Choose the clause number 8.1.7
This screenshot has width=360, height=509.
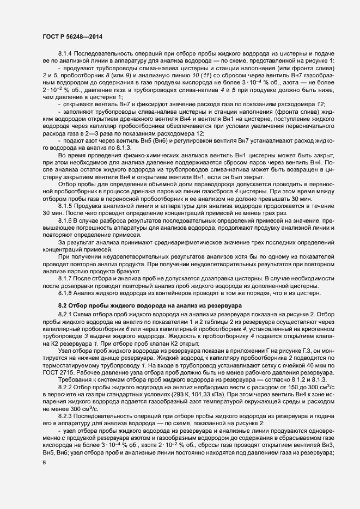point(65,278)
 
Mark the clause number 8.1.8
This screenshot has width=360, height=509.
point(65,292)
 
